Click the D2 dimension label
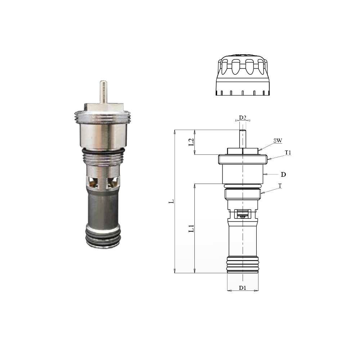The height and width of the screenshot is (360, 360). click(x=243, y=118)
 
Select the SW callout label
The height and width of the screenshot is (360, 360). click(x=277, y=141)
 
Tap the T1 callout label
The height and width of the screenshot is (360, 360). click(x=288, y=153)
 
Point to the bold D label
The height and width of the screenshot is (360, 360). click(x=283, y=175)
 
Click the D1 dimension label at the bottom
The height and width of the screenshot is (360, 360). click(x=243, y=288)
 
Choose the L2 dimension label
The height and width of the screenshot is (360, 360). click(x=192, y=142)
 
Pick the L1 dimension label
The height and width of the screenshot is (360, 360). click(x=192, y=228)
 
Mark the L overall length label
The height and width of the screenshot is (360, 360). click(x=172, y=201)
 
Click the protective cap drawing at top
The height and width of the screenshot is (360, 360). click(x=243, y=76)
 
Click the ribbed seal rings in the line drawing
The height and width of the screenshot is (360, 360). click(x=243, y=264)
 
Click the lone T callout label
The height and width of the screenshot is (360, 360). click(x=280, y=186)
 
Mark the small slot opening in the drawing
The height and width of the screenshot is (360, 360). click(x=243, y=215)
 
